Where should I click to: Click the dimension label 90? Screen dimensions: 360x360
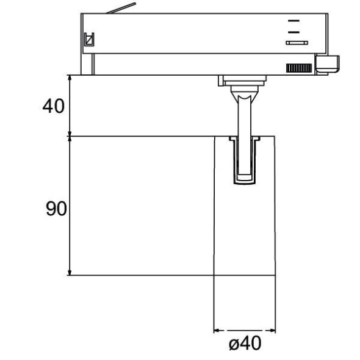(x=56, y=210)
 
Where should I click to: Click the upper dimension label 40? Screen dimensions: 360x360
(x=54, y=106)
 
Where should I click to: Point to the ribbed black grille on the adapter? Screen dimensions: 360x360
(x=298, y=68)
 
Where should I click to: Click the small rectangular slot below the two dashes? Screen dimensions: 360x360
(x=297, y=42)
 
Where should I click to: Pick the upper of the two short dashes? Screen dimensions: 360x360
(x=293, y=20)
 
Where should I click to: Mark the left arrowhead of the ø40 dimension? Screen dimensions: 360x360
(x=217, y=332)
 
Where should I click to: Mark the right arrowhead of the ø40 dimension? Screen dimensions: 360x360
(x=272, y=332)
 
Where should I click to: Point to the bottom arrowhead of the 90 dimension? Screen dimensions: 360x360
(x=71, y=272)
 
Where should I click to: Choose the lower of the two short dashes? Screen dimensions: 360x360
(x=293, y=30)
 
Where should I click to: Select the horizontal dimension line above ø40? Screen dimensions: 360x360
(x=244, y=332)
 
